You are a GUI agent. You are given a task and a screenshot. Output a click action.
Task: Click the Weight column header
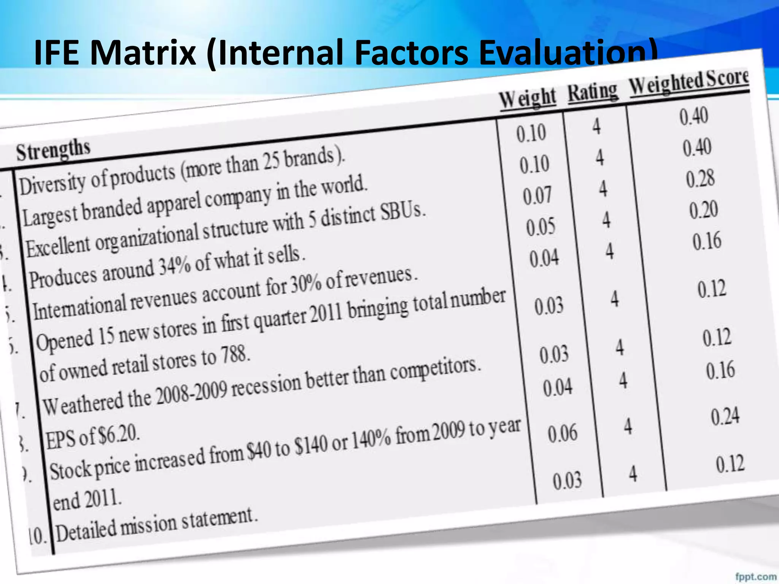[528, 98]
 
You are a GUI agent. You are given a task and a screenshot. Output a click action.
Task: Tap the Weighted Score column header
[689, 81]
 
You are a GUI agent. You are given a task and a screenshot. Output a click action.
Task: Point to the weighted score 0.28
[700, 179]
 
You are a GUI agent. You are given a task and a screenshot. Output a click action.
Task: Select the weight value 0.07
[537, 195]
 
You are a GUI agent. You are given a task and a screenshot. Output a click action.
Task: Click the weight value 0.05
[541, 227]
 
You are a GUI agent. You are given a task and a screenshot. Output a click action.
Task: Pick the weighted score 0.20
[704, 209]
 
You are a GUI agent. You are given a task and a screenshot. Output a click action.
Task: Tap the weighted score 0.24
[725, 416]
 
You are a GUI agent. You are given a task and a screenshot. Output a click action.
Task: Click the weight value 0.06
[562, 433]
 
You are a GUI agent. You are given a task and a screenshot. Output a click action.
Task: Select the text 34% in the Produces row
[175, 267]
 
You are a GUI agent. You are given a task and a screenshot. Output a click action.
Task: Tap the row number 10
[37, 536]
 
